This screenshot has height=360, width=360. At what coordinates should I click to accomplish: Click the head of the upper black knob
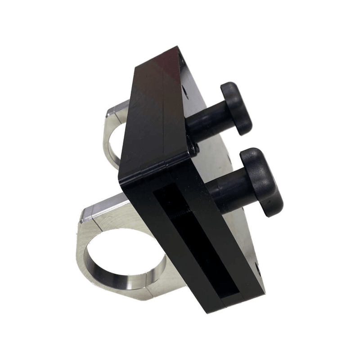pyautogui.click(x=238, y=108)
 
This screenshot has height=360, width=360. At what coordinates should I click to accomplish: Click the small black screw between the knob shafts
pyautogui.click(x=193, y=147)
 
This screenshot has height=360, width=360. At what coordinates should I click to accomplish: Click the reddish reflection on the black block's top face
pyautogui.click(x=166, y=72)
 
